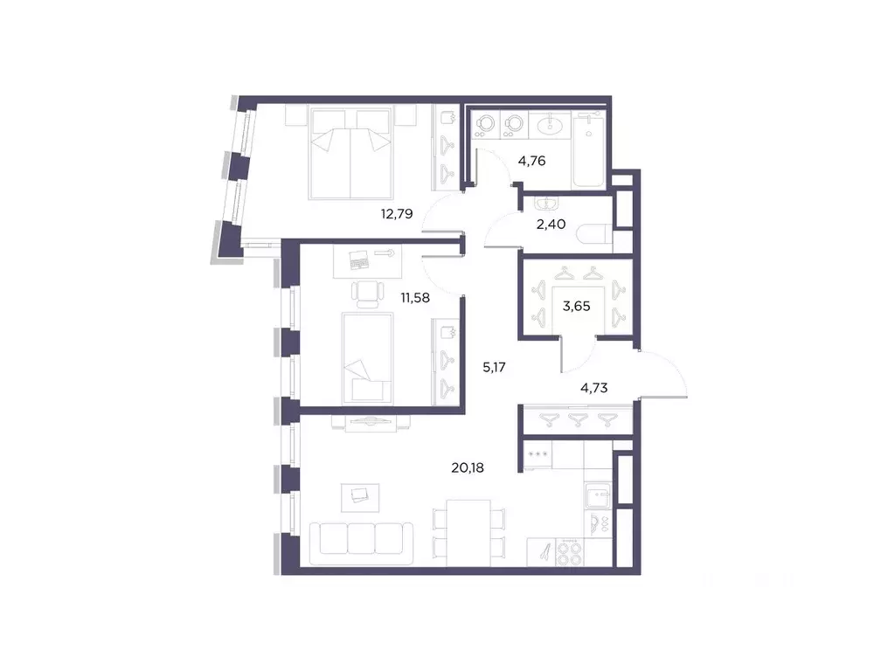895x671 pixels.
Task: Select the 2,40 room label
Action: click(x=552, y=224)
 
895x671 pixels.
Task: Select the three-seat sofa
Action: click(x=361, y=537)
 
